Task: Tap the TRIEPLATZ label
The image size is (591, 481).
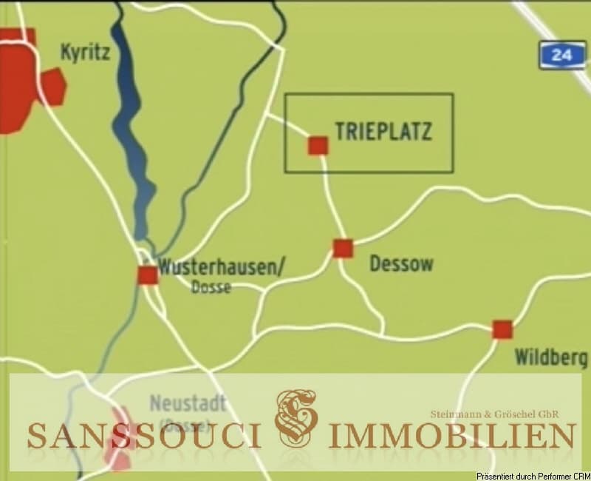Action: click(x=383, y=132)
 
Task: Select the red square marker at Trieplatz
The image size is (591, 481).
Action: click(x=318, y=146)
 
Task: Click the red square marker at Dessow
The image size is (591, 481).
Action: click(x=343, y=248)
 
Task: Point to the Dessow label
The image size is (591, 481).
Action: click(x=400, y=264)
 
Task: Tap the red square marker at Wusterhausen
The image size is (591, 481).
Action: click(x=148, y=275)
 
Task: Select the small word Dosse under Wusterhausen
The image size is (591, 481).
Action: click(x=211, y=288)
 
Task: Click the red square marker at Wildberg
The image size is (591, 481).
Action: click(x=502, y=329)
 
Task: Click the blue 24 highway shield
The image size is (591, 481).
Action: click(x=561, y=55)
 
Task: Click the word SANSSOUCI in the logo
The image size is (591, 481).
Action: click(x=145, y=435)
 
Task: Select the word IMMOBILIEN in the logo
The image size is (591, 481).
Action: click(x=452, y=435)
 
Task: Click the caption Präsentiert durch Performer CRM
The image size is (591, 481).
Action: click(x=532, y=474)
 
